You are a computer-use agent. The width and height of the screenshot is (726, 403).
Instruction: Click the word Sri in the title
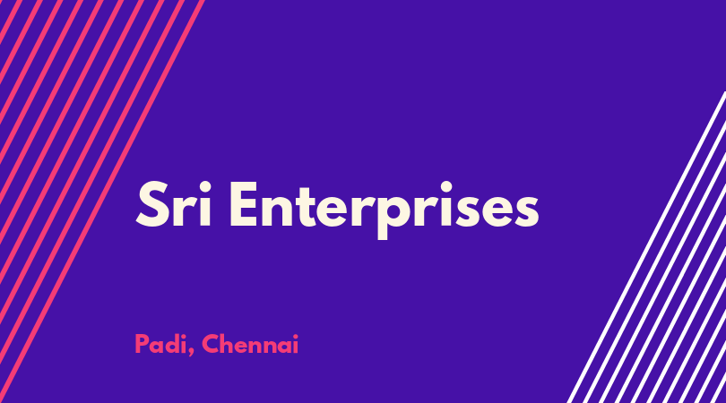click(x=174, y=204)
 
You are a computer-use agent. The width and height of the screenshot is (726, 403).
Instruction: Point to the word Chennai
click(x=250, y=344)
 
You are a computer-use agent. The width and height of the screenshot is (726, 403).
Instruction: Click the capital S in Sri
click(x=151, y=204)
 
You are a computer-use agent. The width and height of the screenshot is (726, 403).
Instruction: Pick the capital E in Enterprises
click(x=244, y=204)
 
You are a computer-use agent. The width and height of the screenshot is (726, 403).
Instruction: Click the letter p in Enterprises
click(x=388, y=216)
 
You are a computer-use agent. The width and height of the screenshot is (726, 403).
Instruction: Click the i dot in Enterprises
click(x=445, y=187)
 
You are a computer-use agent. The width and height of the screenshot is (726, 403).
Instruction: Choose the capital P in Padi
click(x=142, y=344)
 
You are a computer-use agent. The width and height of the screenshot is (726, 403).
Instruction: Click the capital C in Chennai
click(x=211, y=344)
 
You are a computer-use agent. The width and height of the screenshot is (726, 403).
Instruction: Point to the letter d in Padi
click(x=173, y=344)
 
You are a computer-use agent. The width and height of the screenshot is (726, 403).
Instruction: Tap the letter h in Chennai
click(x=229, y=344)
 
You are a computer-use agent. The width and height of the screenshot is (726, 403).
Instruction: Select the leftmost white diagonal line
click(x=647, y=247)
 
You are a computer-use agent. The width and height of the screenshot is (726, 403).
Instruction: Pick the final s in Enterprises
click(x=526, y=211)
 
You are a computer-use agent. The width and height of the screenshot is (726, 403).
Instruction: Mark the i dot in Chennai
click(x=296, y=337)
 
